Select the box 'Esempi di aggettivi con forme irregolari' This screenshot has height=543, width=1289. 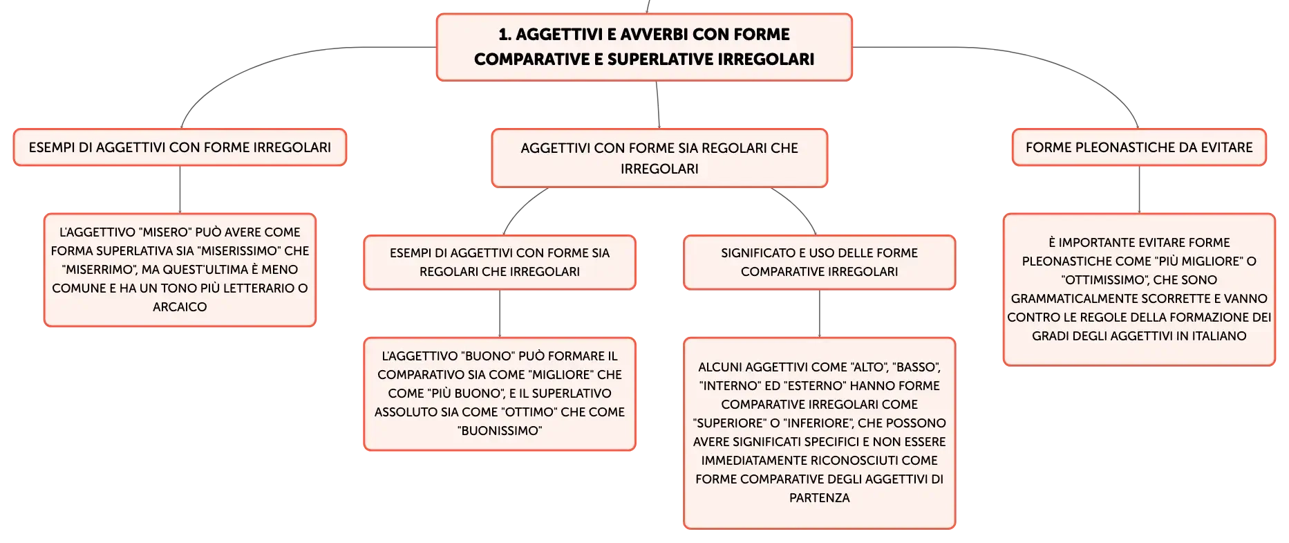180,147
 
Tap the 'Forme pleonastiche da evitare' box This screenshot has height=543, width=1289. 1139,147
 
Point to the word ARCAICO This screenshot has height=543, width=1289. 180,307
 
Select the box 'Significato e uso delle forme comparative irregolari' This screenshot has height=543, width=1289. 820,262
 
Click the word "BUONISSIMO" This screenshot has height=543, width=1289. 500,431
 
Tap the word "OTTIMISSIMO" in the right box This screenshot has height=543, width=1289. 1105,280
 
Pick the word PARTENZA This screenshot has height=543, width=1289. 820,498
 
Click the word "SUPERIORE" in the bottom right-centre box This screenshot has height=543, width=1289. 729,423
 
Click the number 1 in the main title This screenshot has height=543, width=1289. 505,35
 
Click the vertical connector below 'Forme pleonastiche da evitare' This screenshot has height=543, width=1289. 1139,190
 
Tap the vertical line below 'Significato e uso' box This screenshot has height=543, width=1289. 820,313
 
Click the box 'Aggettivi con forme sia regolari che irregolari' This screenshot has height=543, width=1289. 659,158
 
